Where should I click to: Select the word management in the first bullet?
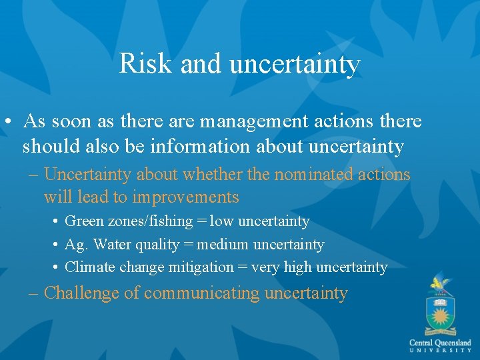click(251, 121)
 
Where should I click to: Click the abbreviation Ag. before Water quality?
click(76, 245)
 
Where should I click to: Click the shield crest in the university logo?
click(440, 313)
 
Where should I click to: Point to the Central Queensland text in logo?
click(440, 343)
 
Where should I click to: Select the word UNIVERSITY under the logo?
click(440, 351)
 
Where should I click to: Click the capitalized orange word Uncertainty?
click(88, 175)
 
